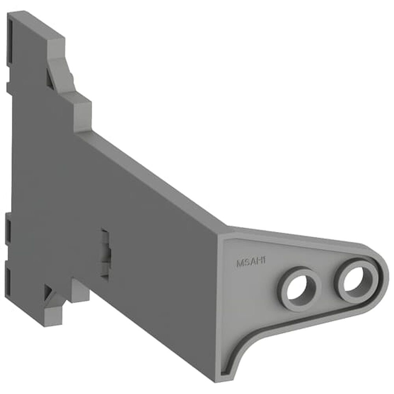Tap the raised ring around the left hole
tap(285, 297)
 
